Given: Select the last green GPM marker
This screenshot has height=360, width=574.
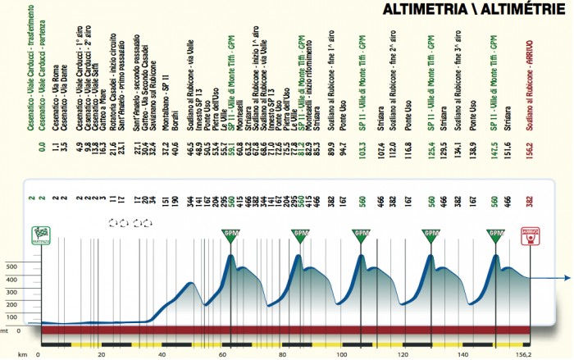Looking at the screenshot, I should [495, 235].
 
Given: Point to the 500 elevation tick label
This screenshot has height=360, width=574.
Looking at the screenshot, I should [12, 267].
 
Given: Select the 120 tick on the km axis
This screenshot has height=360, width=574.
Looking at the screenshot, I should [403, 355].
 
